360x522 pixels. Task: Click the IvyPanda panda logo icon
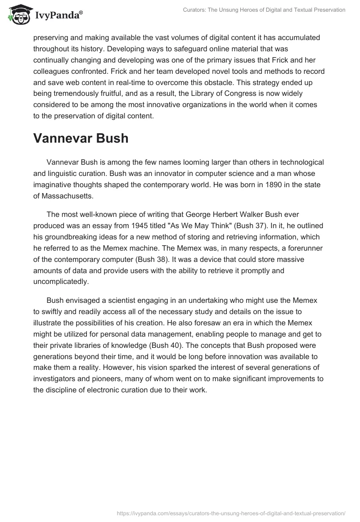click(18, 14)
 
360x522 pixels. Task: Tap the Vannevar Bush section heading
click(81, 138)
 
